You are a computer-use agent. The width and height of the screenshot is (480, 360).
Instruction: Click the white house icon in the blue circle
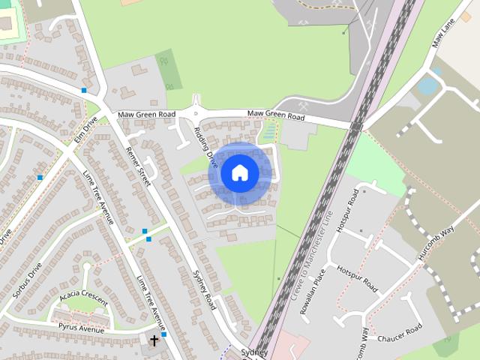click(239, 173)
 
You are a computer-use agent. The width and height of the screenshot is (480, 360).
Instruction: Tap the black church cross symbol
click(154, 340)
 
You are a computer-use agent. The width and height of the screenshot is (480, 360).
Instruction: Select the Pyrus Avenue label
click(80, 328)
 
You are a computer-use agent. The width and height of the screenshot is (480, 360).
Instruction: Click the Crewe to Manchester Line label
click(310, 253)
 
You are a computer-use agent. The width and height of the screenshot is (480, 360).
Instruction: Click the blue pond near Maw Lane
click(427, 85)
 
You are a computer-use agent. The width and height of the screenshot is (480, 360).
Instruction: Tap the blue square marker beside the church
click(163, 335)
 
